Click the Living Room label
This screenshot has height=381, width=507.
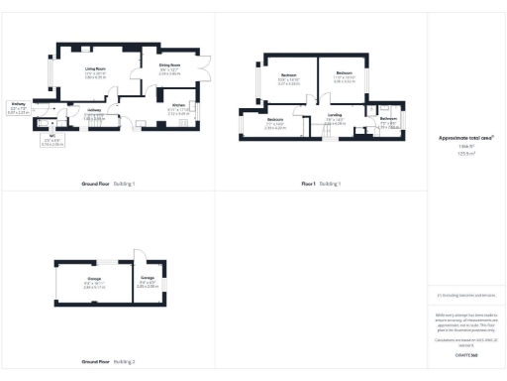pyautogui.click(x=95, y=71)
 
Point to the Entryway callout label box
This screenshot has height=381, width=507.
pyautogui.click(x=19, y=108)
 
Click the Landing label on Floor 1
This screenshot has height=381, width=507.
pyautogui.click(x=336, y=117)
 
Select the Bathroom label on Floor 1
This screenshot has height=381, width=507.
pyautogui.click(x=388, y=121)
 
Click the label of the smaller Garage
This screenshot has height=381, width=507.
pyautogui.click(x=146, y=283)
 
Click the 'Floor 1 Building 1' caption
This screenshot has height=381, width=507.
pyautogui.click(x=321, y=185)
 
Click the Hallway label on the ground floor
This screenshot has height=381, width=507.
pyautogui.click(x=94, y=111)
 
